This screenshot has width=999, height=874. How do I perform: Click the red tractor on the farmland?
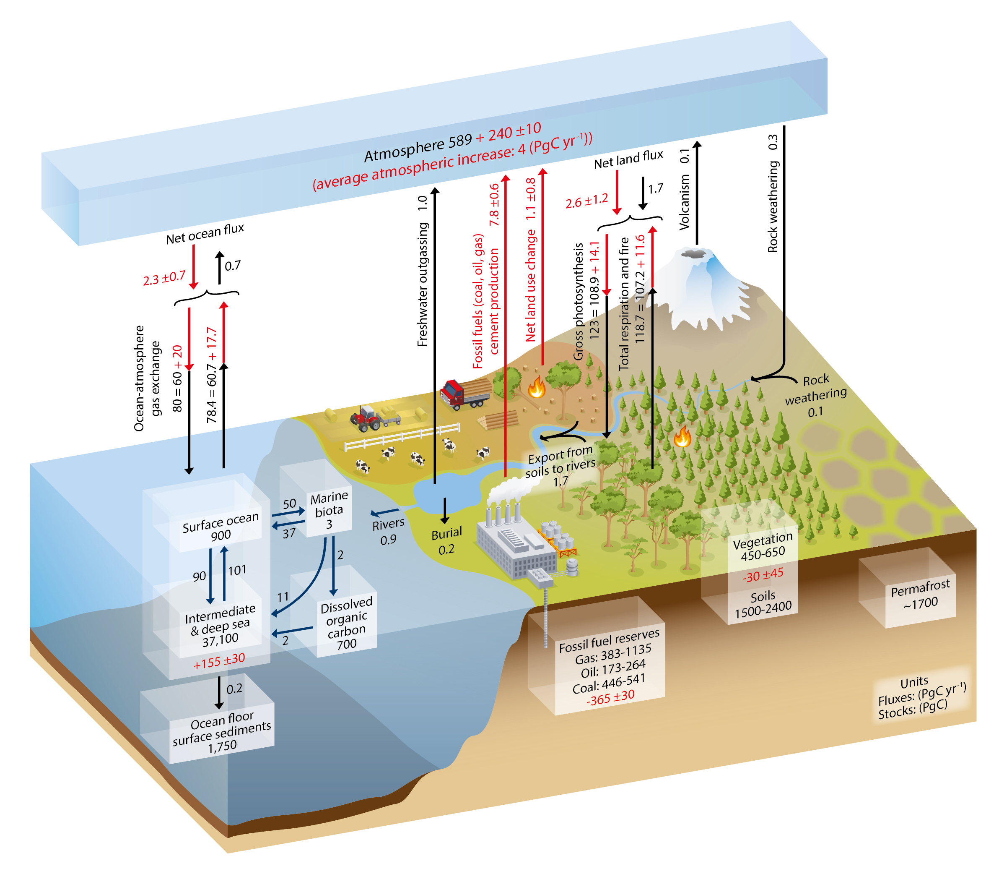[x=366, y=418]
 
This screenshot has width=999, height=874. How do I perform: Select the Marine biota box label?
[x=329, y=510]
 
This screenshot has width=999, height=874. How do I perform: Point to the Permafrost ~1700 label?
[x=920, y=594]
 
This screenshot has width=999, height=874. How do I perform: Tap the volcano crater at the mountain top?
[x=694, y=253]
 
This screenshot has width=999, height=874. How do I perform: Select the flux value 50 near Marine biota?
[x=289, y=504]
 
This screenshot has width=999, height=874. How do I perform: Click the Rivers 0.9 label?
[x=388, y=531]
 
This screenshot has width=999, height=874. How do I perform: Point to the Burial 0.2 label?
[x=446, y=541]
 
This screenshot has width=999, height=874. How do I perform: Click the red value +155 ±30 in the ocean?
[x=219, y=661]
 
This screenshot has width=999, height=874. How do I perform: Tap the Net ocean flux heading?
[x=205, y=234]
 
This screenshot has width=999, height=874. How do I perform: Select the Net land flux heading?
[x=628, y=159]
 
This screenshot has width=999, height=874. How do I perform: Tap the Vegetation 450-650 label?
[x=763, y=547]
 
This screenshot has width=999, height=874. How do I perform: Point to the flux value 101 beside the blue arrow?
[x=237, y=570]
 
